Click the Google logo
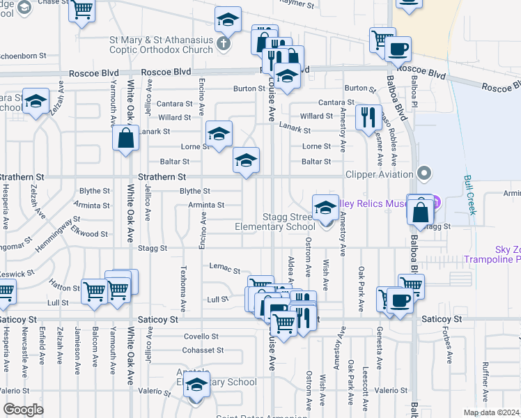(23, 410)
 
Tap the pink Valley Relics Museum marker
(435, 203)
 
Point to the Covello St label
(201, 336)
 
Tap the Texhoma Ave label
(184, 288)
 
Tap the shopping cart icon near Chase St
(83, 12)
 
